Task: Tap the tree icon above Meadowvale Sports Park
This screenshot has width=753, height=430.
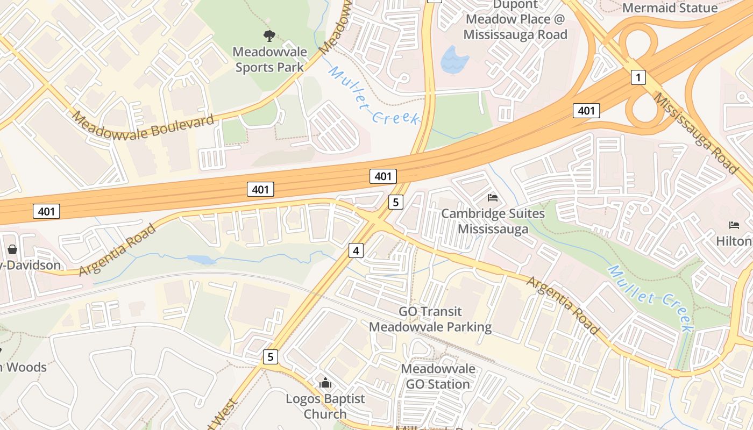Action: click(x=269, y=36)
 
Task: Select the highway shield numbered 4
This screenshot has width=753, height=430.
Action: click(x=356, y=250)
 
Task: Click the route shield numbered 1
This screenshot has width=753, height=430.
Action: click(x=638, y=78)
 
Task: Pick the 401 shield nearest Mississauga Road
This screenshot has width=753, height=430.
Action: click(x=586, y=111)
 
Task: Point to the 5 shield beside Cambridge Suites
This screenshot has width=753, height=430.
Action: click(x=395, y=202)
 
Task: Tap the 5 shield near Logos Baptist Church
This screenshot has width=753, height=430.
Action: click(x=271, y=356)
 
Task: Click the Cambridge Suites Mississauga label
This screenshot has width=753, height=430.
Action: click(x=493, y=221)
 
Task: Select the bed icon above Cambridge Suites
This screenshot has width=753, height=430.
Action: click(x=493, y=198)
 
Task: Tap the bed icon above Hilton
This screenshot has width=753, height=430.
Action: click(x=734, y=225)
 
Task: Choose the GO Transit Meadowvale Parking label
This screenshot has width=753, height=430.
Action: click(x=430, y=319)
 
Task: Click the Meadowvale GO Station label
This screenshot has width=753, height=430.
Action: click(x=438, y=376)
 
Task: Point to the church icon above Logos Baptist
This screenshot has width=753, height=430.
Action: click(x=325, y=383)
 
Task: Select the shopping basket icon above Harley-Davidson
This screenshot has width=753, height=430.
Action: click(x=12, y=250)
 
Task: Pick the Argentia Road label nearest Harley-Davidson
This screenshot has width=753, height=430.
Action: click(x=117, y=250)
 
